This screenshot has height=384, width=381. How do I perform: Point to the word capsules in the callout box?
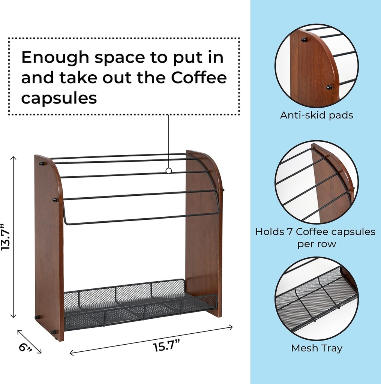(x=59, y=98)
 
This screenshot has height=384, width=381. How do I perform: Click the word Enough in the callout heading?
(x=54, y=57)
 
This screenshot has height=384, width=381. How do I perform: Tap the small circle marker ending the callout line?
(x=169, y=171)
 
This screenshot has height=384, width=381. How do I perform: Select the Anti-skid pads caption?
(x=316, y=115)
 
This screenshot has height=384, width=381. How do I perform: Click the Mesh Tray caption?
(x=316, y=348)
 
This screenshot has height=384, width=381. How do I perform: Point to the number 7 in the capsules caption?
(x=290, y=232)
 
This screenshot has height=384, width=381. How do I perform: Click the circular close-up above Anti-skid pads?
(x=316, y=66)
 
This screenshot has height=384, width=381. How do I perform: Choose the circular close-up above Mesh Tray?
(x=316, y=298)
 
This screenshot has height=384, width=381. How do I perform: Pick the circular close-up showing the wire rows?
(x=316, y=182)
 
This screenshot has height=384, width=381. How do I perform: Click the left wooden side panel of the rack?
(x=49, y=247)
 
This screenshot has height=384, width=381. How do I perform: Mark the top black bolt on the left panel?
(x=41, y=163)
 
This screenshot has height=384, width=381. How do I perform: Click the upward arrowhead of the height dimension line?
(x=13, y=158)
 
